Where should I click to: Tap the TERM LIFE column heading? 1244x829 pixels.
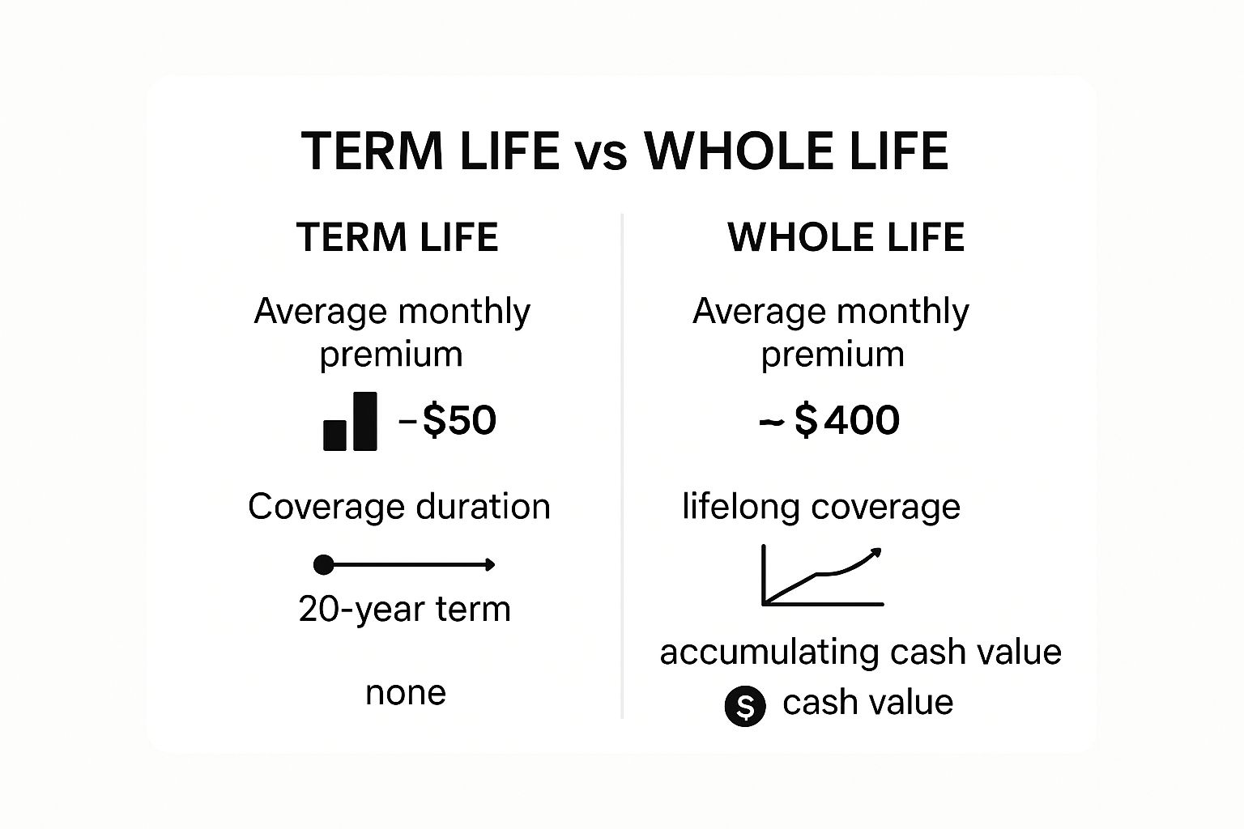(x=398, y=238)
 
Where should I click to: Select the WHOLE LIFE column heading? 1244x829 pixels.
(x=846, y=238)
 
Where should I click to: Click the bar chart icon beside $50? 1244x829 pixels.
(x=350, y=422)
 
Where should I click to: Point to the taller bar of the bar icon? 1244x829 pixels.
(x=365, y=422)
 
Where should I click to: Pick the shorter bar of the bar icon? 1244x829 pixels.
(x=334, y=436)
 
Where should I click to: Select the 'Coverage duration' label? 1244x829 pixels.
(x=399, y=507)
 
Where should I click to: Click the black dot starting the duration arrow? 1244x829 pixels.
(x=324, y=565)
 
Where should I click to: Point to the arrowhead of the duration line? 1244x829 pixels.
(x=490, y=565)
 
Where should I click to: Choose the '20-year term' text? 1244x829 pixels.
(x=404, y=610)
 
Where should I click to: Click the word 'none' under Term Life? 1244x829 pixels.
(x=406, y=694)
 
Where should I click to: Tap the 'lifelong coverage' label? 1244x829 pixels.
(x=821, y=507)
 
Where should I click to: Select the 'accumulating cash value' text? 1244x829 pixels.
(x=861, y=653)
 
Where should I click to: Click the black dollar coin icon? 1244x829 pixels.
(x=745, y=706)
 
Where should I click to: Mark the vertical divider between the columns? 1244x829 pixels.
(x=622, y=466)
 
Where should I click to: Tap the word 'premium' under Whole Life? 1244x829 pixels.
(x=833, y=355)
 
